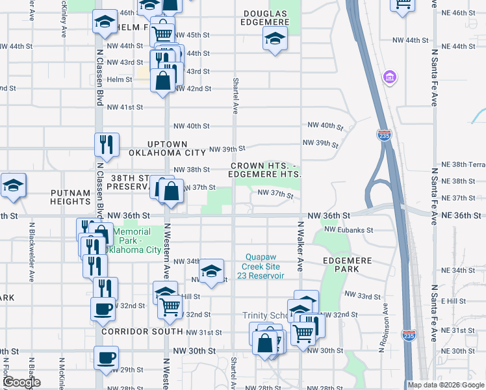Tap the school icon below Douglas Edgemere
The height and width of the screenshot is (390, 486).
[x=275, y=40]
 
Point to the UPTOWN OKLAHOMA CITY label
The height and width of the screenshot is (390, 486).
[x=176, y=148]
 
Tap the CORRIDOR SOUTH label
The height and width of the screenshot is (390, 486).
[x=142, y=331]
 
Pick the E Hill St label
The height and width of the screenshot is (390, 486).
[x=454, y=301]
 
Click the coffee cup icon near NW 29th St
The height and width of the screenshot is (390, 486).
[x=106, y=357]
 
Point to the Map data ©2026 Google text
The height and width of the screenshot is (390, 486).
[x=446, y=385]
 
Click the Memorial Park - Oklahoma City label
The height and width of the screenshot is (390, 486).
[x=136, y=240]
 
